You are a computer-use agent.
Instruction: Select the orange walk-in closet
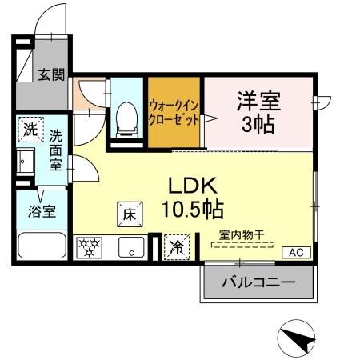pos(173,113)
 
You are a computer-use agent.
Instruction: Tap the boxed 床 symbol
pos(130,214)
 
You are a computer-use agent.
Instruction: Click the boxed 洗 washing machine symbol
pos(30,128)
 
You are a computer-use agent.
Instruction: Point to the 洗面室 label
pos(54,149)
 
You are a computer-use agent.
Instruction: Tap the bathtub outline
pos(42,246)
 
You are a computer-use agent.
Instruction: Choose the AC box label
pos(296,252)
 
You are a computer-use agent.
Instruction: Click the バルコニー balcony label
pos(257,282)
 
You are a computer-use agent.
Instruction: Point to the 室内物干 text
pos(237,234)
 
